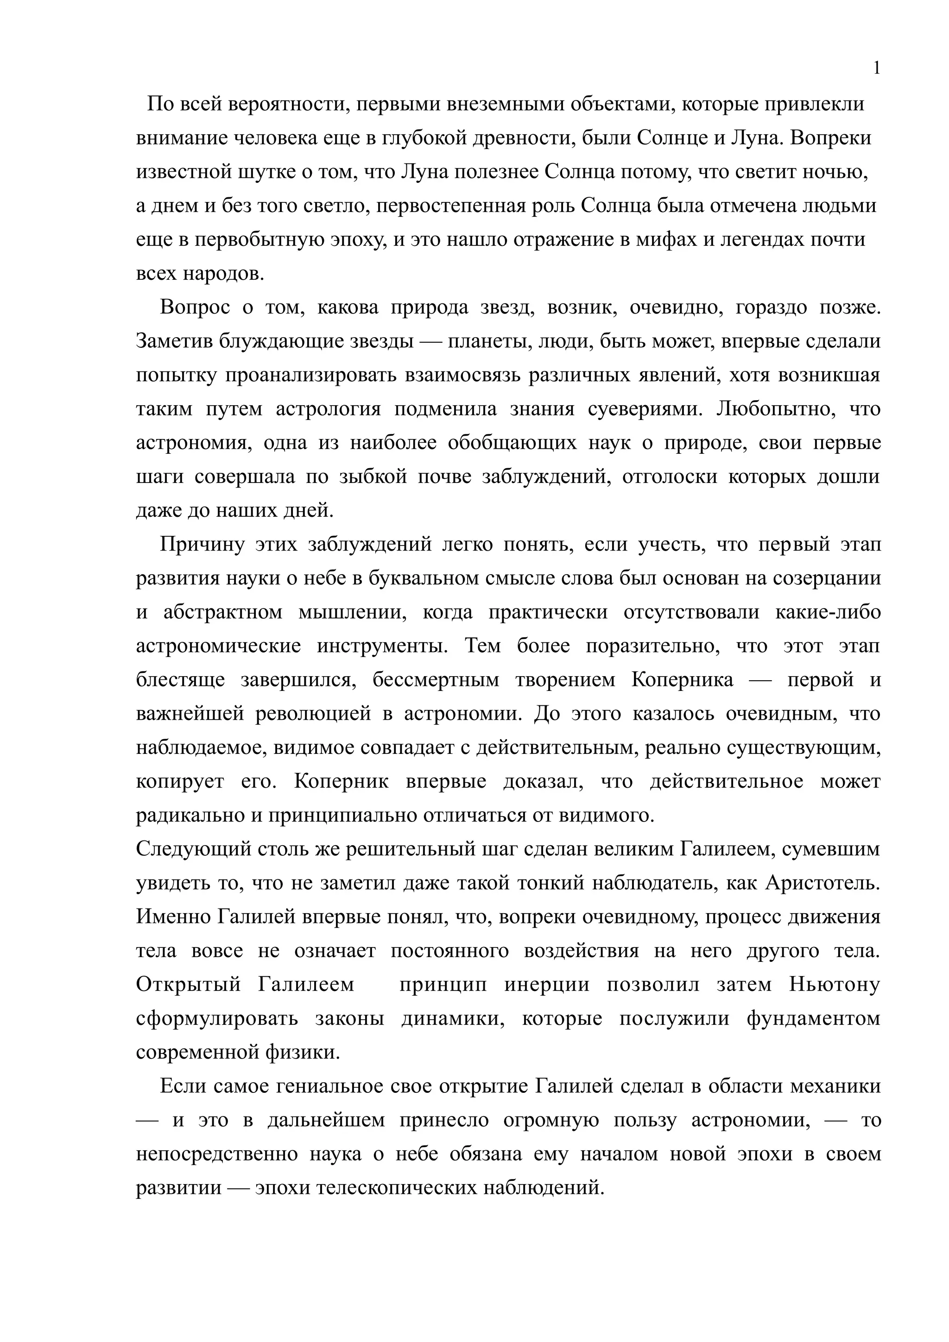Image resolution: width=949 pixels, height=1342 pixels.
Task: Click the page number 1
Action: [876, 69]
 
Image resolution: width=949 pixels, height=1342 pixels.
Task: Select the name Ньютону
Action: [835, 985]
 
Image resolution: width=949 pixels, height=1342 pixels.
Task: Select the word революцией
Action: [313, 714]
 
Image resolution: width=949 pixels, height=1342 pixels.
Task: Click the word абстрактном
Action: [223, 612]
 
